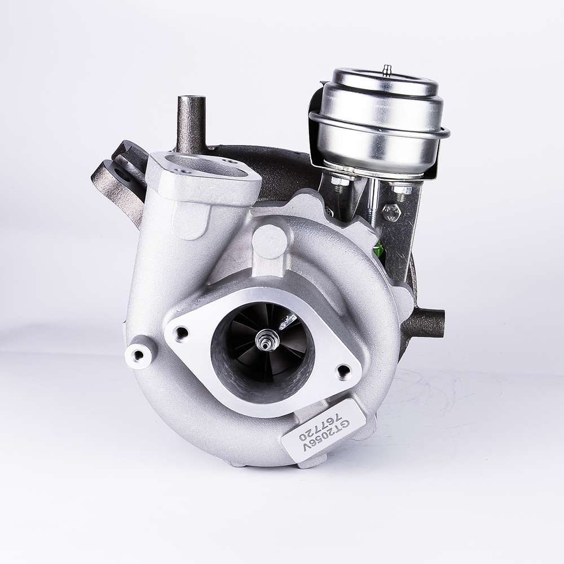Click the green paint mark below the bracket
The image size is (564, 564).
[380, 249]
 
